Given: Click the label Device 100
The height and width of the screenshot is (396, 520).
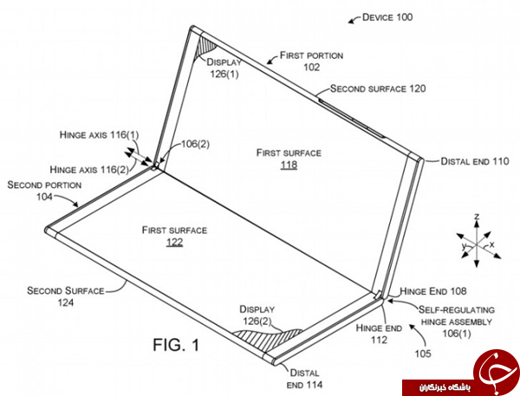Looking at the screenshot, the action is coord(387,17).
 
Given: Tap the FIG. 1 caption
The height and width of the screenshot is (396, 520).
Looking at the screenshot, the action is coord(177,345).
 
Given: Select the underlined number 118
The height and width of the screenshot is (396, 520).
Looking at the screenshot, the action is coord(289,165).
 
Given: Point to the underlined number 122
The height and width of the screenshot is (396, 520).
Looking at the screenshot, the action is coord(175,242).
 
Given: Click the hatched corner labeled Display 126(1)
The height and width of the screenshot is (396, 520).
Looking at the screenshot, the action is coord(204,49).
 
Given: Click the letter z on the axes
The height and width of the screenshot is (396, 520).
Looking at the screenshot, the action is coord(477,217).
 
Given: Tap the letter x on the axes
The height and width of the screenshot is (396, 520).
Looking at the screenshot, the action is coord(491,244).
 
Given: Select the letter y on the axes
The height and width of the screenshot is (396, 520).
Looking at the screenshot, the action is coord(464,246).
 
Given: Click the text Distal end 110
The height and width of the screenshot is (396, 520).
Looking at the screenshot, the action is coord(475,161).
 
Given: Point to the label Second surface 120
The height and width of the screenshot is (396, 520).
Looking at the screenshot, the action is coord(378,88).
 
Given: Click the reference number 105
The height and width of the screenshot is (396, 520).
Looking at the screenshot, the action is coord(423,354).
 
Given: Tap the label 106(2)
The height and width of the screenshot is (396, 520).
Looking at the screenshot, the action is coord(195,144).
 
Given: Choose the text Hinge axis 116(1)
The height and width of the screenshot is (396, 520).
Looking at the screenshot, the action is coord(99,134).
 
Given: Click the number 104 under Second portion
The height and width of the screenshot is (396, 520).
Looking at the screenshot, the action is coord(44,197).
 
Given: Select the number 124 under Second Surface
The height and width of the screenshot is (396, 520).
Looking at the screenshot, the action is coord(66,302).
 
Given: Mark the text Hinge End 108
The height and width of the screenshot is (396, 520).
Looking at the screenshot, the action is coord(433,291).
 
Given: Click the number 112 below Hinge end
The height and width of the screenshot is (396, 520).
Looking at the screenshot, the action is coord(379,340).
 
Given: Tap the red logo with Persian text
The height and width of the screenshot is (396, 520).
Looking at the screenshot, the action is coord(462,373).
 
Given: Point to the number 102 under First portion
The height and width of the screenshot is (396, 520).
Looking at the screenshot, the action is coord(312,67).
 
